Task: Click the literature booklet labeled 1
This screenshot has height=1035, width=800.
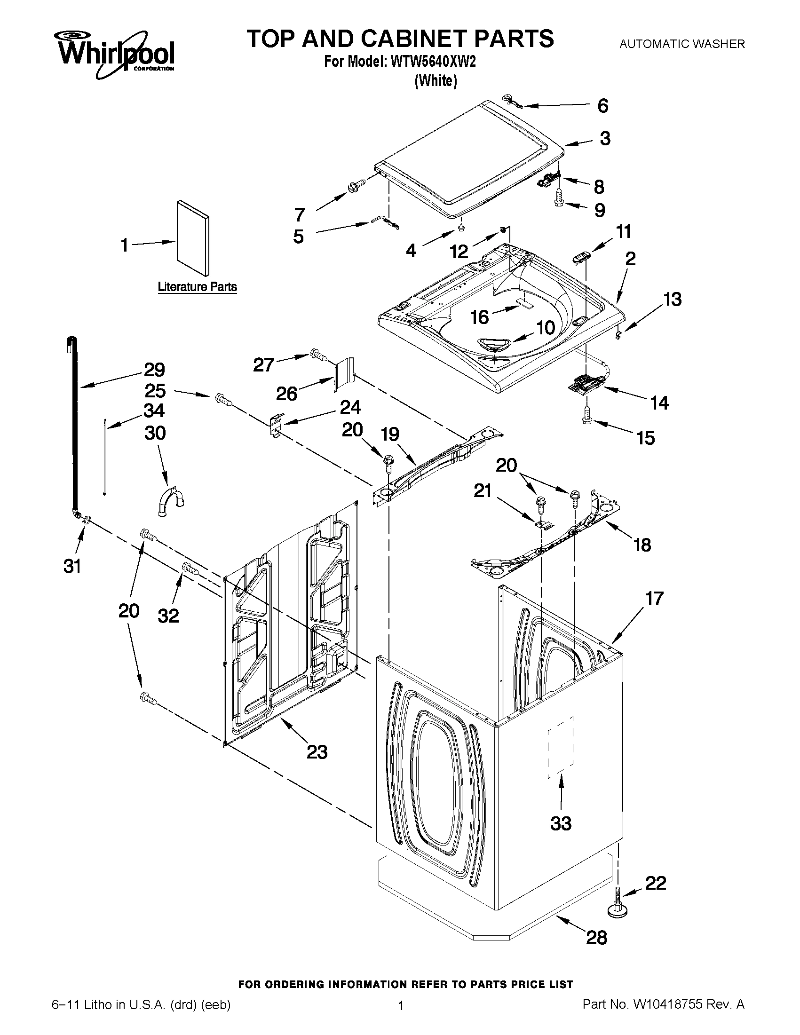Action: point(192,238)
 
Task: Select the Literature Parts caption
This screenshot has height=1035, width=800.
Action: point(197,287)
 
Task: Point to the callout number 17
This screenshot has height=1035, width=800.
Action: point(654,598)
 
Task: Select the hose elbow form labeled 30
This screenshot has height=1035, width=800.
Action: point(170,502)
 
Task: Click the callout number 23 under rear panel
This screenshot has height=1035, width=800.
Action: point(317,752)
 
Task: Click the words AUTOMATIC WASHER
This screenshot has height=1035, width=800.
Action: point(682,44)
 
